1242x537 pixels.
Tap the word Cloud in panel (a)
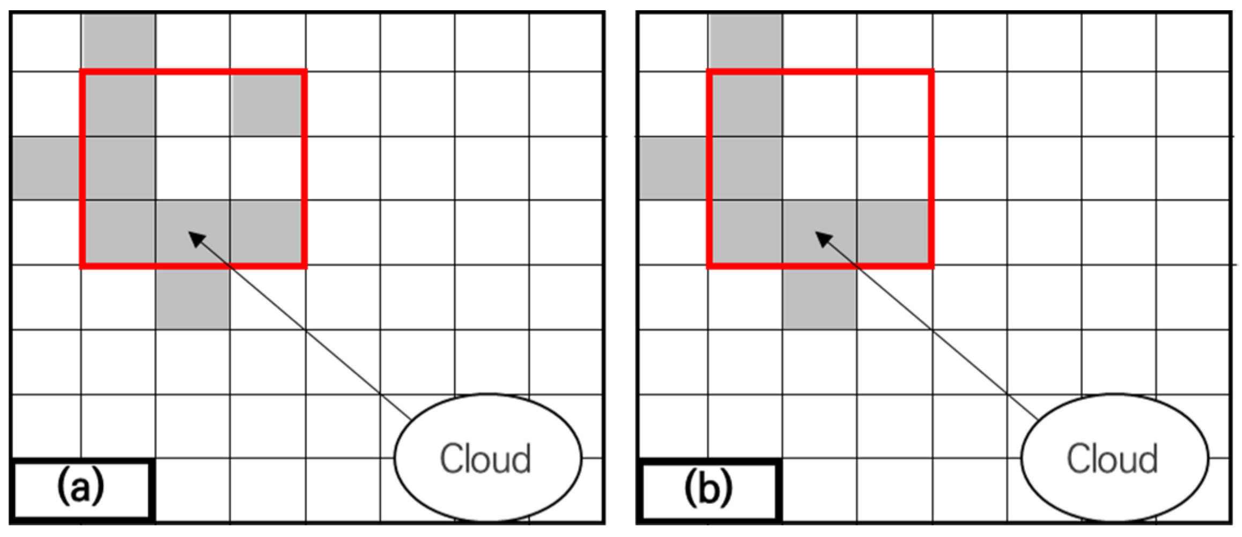[x=486, y=459]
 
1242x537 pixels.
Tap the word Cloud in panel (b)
[x=1112, y=459]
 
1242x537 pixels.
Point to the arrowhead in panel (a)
[x=196, y=238]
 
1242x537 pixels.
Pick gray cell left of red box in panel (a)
[x=46, y=168]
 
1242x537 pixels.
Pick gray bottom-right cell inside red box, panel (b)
[x=893, y=233]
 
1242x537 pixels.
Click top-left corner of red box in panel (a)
[x=82, y=71]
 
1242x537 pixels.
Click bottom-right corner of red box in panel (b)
[x=932, y=265]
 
